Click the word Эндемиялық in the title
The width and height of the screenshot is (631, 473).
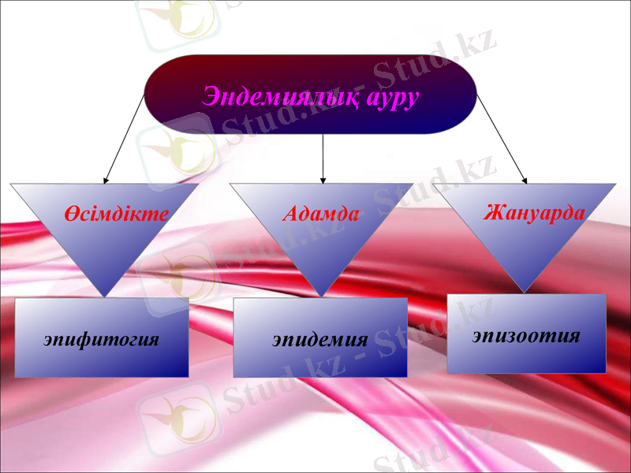tap(280, 97)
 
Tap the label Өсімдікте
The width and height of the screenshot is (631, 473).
tap(117, 213)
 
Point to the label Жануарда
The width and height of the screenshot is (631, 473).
tap(534, 213)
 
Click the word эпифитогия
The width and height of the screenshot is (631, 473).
tap(102, 340)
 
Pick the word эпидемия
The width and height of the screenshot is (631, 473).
tap(320, 340)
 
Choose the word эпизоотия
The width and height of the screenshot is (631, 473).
tap(527, 335)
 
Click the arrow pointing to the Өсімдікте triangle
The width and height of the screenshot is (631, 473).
tap(125, 139)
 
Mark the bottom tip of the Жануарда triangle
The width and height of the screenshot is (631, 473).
tap(525, 292)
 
